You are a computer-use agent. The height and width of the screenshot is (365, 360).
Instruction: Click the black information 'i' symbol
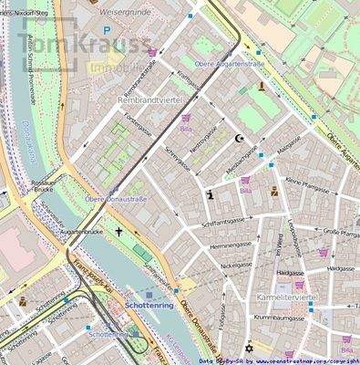pos(211,193)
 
